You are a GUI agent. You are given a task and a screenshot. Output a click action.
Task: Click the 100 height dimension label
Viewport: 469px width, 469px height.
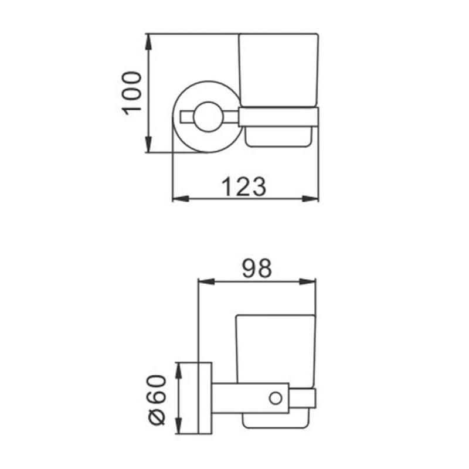tap(131, 93)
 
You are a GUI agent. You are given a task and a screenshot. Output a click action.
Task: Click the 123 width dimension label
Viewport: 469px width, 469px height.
tap(244, 187)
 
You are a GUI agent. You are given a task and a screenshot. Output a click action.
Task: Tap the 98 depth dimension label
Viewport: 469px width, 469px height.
tap(257, 269)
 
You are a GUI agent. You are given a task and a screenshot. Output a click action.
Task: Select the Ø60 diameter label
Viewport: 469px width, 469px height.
tap(157, 400)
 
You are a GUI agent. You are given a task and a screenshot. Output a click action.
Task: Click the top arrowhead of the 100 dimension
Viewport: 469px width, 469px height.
tap(148, 42)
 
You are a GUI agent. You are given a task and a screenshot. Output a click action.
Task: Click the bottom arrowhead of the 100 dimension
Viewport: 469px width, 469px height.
tap(148, 144)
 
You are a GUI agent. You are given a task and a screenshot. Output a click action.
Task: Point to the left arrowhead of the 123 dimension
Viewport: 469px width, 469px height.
tap(181, 199)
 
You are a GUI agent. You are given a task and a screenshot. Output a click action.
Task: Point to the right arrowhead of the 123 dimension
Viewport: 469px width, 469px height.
tap(311, 199)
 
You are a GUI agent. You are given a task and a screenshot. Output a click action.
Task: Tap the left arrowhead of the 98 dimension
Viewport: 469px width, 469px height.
tap(207, 281)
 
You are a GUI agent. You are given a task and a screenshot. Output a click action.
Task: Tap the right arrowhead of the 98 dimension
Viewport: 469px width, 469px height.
tap(307, 281)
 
